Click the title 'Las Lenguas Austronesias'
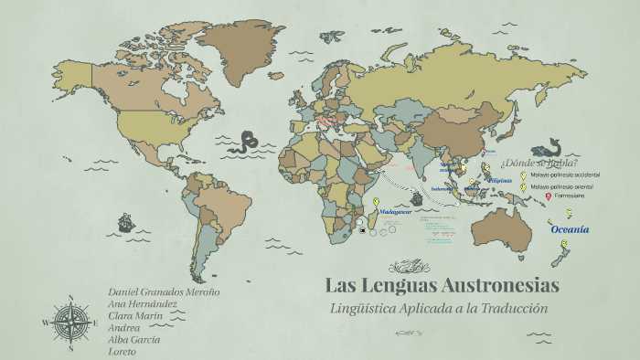point(442,285)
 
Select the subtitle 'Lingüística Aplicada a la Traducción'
point(438,308)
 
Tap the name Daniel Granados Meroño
point(164,291)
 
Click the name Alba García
point(133,339)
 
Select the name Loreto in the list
point(122,351)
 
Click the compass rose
point(70,322)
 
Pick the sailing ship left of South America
point(125,222)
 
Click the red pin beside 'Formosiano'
point(549,196)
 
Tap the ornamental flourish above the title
point(409,266)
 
